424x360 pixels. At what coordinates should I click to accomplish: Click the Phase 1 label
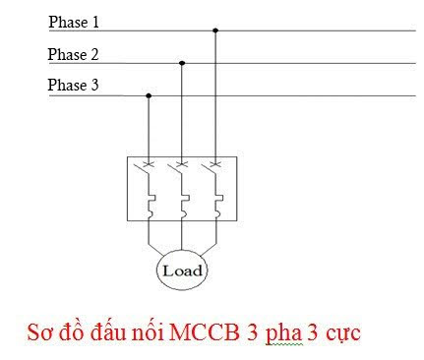click(73, 22)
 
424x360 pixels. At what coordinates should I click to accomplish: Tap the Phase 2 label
click(73, 54)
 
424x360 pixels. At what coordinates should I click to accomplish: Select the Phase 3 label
click(73, 86)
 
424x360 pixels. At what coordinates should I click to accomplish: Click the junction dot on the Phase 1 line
click(215, 30)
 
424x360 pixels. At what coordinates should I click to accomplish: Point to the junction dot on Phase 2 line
click(182, 63)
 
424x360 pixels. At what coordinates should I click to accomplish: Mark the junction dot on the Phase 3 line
click(149, 95)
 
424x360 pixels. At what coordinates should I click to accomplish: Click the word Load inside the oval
click(182, 269)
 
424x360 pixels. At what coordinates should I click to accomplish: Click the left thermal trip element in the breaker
click(150, 205)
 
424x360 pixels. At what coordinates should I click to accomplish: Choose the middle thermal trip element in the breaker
click(183, 205)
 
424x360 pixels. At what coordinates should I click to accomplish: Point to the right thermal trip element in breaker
click(216, 205)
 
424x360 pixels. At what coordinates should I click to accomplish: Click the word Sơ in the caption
click(40, 332)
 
